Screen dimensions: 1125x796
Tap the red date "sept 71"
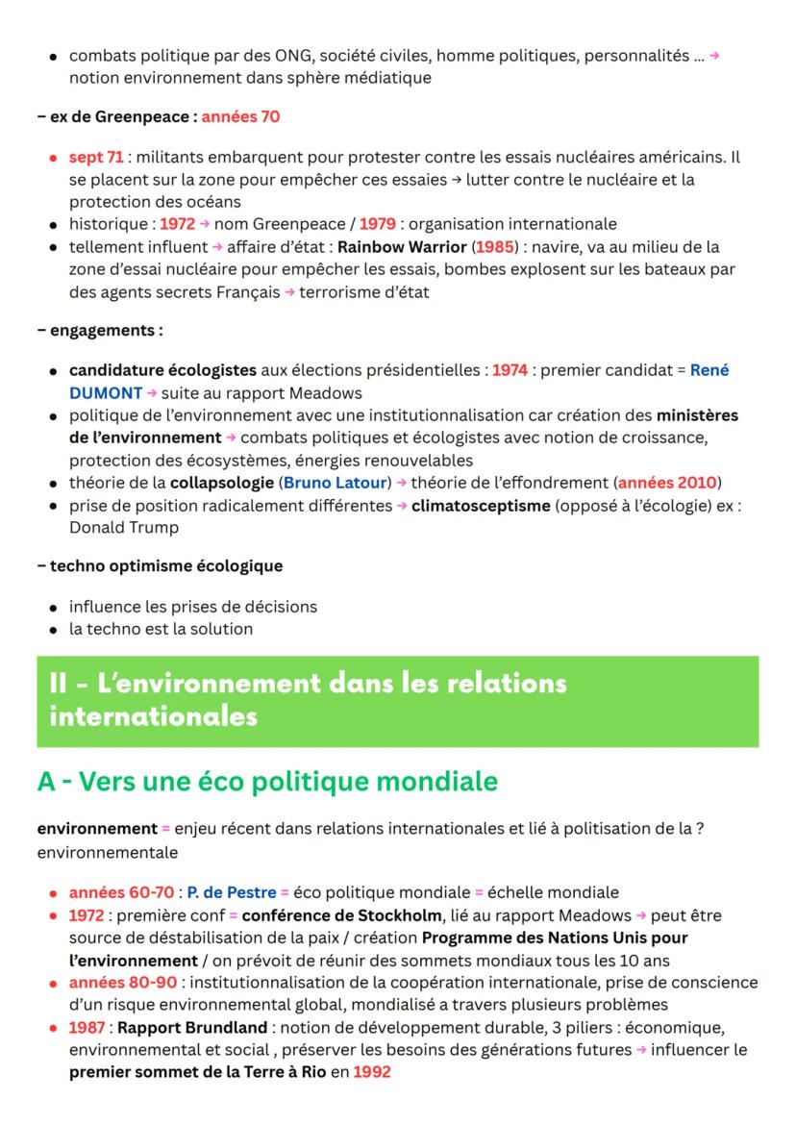coord(88,157)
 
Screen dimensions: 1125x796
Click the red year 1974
coord(510,370)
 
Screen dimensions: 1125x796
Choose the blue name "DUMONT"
coord(99,392)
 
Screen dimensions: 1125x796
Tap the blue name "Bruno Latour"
coord(326,482)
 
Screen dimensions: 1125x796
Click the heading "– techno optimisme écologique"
coord(160,565)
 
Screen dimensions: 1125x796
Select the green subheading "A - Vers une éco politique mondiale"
coord(267,782)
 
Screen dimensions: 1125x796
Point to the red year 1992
coord(371,1072)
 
